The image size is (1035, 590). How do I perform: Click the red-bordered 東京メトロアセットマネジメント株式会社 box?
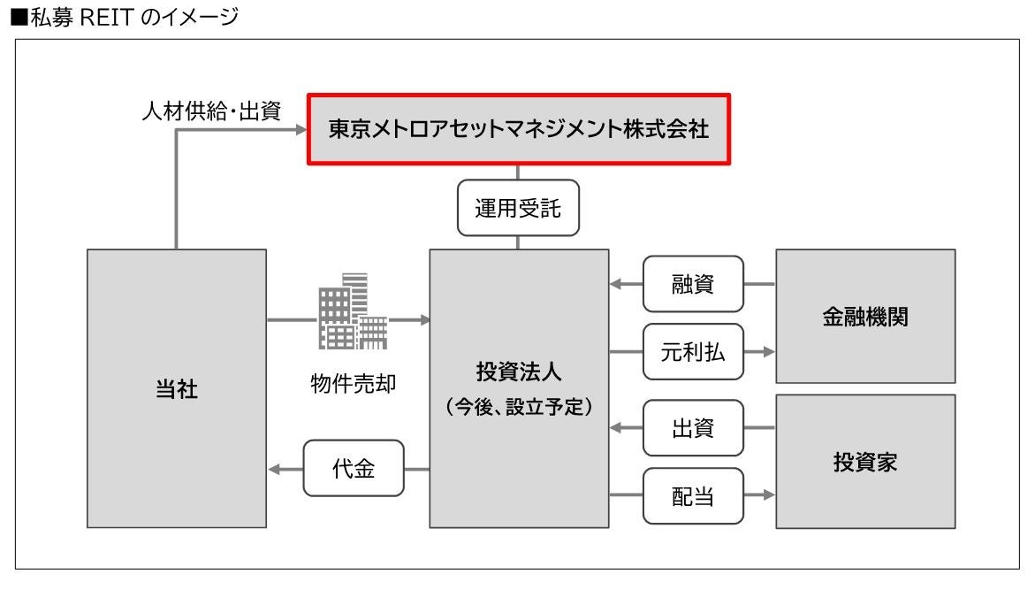tap(518, 130)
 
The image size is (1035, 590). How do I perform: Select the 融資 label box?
tap(693, 285)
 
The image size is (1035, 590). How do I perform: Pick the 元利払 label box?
tap(693, 351)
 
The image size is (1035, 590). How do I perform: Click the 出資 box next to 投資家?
tap(693, 428)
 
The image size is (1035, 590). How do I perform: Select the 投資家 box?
tap(865, 464)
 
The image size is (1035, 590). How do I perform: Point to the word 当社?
tap(176, 392)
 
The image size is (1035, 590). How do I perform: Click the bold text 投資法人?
tap(518, 366)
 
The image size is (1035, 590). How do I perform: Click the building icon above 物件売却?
tap(352, 312)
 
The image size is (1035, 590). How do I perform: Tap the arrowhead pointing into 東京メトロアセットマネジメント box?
tap(299, 130)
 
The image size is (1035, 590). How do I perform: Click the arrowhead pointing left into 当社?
tap(273, 470)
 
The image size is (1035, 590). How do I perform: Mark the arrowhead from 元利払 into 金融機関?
tap(767, 351)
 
